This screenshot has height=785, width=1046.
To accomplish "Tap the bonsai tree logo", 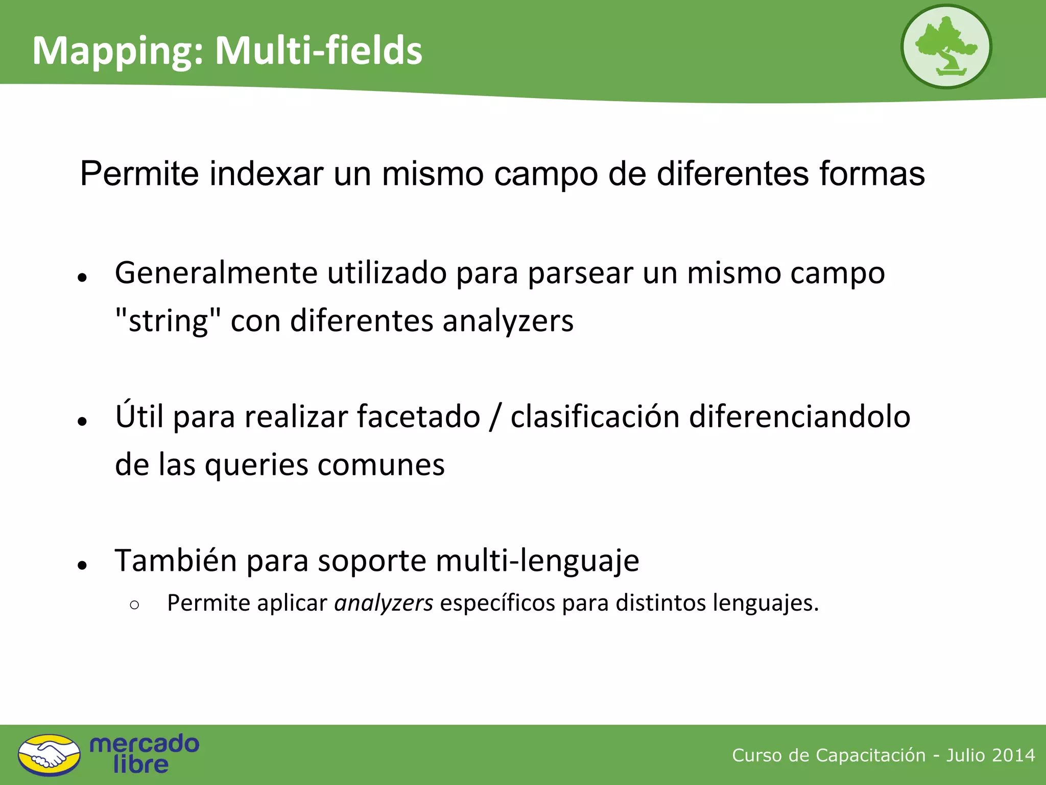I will [x=946, y=47].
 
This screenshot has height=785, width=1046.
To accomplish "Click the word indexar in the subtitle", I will [x=266, y=174].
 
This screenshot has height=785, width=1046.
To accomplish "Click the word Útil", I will [x=139, y=416].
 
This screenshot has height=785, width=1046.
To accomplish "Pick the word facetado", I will [x=418, y=417].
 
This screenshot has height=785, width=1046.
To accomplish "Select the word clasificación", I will [x=595, y=417].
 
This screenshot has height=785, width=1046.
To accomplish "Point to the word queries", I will [x=256, y=465].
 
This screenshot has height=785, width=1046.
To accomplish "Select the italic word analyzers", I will [x=384, y=603].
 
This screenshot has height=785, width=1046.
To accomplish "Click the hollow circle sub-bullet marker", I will [x=134, y=605].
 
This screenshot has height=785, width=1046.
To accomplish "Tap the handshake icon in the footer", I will [x=49, y=755].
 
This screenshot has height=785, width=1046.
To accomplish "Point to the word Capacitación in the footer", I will [x=870, y=755].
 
